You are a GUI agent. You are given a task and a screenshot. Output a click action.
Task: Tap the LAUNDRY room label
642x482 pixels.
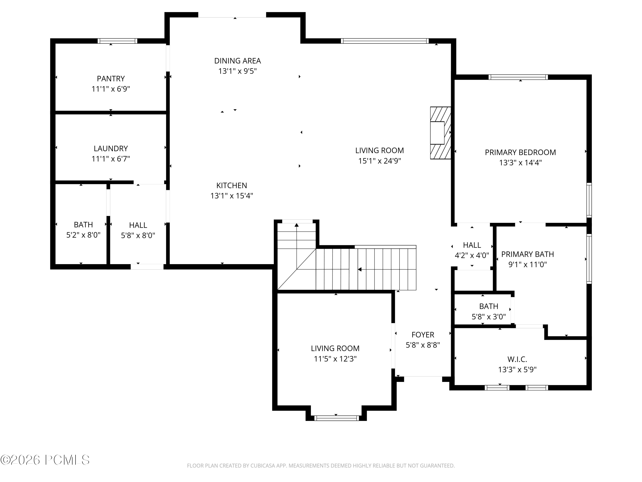click(x=111, y=149)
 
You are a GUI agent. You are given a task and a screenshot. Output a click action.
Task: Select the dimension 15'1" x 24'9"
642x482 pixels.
click(x=380, y=161)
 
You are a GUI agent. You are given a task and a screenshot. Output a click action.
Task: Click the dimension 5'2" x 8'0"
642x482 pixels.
click(x=83, y=235)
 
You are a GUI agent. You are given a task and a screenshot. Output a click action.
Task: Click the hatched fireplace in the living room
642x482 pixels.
click(x=440, y=133)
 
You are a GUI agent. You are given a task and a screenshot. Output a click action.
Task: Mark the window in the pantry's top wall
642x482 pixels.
click(x=117, y=41)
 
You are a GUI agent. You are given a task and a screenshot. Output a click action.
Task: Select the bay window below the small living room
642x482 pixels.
click(x=336, y=418)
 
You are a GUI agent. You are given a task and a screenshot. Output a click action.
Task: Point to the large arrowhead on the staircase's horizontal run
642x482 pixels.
click(x=360, y=269)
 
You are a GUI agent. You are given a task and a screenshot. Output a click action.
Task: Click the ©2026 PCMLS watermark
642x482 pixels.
click(x=45, y=460)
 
